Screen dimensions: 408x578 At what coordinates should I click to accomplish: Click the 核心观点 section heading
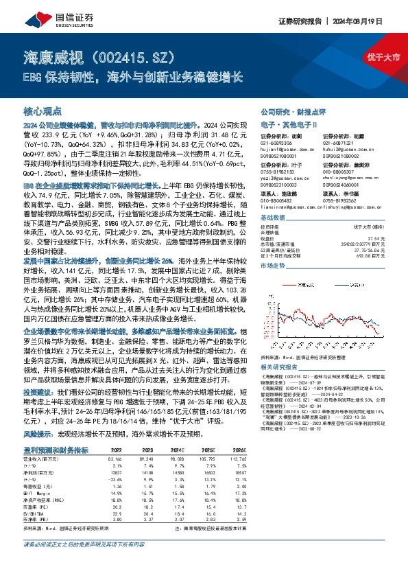43,110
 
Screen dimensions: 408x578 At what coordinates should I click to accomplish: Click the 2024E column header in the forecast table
177,450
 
